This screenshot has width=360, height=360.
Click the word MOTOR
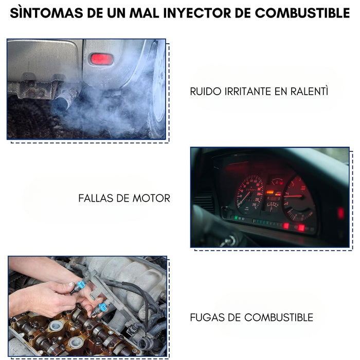[x=152, y=198]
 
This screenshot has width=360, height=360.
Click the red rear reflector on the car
[x=101, y=59]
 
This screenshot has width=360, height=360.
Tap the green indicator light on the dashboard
[x=237, y=218]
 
